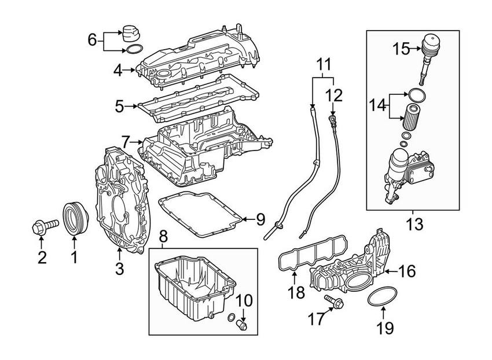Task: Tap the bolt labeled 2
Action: click(43, 225)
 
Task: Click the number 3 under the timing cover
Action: click(119, 267)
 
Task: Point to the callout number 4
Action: click(118, 71)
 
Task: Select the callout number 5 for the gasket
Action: click(119, 106)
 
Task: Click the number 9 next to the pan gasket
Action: click(260, 219)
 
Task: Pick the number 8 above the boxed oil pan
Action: click(163, 236)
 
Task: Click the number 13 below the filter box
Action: click(415, 223)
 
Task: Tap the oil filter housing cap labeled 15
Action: click(429, 47)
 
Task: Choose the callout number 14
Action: click(377, 105)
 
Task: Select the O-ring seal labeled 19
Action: click(380, 297)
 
